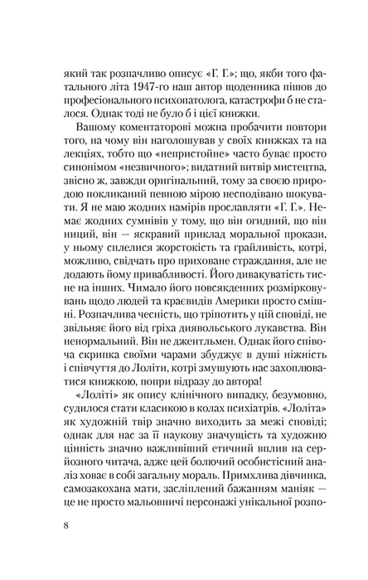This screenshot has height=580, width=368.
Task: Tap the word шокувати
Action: click(273, 210)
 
